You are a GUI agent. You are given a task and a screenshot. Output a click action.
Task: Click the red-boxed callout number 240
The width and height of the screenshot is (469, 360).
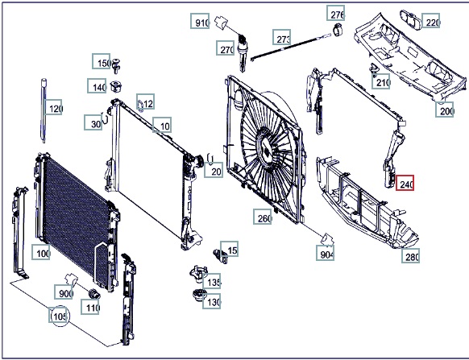pyautogui.click(x=405, y=183)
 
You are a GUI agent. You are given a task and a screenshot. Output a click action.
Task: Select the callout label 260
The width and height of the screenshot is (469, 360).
pyautogui.click(x=263, y=217)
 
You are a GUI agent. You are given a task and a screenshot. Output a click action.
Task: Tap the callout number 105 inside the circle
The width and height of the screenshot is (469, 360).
pyautogui.click(x=58, y=315)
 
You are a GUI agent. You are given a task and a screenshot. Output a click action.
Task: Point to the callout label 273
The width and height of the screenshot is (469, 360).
pyautogui.click(x=282, y=37)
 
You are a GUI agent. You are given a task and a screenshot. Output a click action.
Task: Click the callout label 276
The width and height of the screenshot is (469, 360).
pyautogui.click(x=335, y=13)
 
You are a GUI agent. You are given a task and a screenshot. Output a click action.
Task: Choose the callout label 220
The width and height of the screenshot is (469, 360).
pyautogui.click(x=430, y=21)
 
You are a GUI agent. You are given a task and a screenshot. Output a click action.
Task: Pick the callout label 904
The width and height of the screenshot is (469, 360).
pyautogui.click(x=325, y=253)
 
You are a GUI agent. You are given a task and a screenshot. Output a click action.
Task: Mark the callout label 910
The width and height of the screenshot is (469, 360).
pyautogui.click(x=200, y=21)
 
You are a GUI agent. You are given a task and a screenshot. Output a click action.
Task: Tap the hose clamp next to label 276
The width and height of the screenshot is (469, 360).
pyautogui.click(x=337, y=29)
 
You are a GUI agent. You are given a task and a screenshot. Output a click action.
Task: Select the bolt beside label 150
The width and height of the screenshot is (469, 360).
pyautogui.click(x=116, y=65)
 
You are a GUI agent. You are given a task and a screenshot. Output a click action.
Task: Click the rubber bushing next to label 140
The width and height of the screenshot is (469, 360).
pyautogui.click(x=115, y=86)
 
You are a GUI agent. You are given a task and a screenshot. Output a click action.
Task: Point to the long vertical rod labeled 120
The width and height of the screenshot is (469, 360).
pyautogui.click(x=44, y=110)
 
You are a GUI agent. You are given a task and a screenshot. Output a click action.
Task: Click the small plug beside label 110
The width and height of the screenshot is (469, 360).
pyautogui.click(x=94, y=294)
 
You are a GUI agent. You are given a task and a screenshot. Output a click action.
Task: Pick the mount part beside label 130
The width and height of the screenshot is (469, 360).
pyautogui.click(x=198, y=295)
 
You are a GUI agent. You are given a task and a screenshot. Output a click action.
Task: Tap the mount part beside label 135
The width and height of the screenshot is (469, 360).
pyautogui.click(x=197, y=274)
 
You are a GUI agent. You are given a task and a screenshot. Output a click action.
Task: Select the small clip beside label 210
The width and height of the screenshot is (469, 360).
pyautogui.click(x=374, y=69)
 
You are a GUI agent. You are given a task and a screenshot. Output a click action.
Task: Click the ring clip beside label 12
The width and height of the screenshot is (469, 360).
pyautogui.click(x=140, y=106)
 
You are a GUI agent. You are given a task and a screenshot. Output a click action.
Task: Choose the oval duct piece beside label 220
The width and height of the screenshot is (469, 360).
pyautogui.click(x=411, y=20)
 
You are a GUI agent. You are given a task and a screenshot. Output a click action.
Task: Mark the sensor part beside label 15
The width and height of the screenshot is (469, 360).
pyautogui.click(x=219, y=255)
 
